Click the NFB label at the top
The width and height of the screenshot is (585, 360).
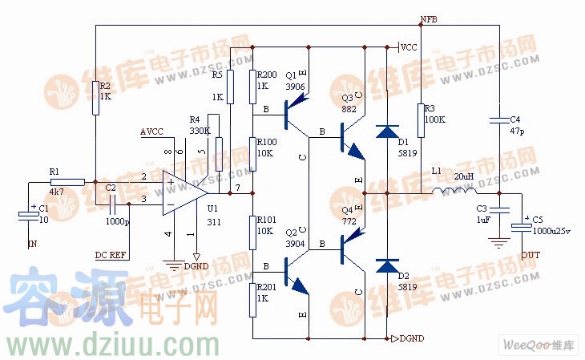coord(428,19)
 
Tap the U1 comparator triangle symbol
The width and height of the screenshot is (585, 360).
coord(182,192)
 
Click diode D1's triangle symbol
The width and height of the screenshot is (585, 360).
coord(388,131)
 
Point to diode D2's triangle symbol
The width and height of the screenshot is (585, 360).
coord(388,265)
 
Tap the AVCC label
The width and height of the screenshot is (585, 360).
coord(151,131)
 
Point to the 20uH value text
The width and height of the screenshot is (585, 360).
coord(463,176)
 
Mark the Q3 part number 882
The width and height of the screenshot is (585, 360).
coord(348,109)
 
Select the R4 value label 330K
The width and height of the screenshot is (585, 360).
coord(200,130)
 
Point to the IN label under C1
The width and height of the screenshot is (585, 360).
coord(32,242)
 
